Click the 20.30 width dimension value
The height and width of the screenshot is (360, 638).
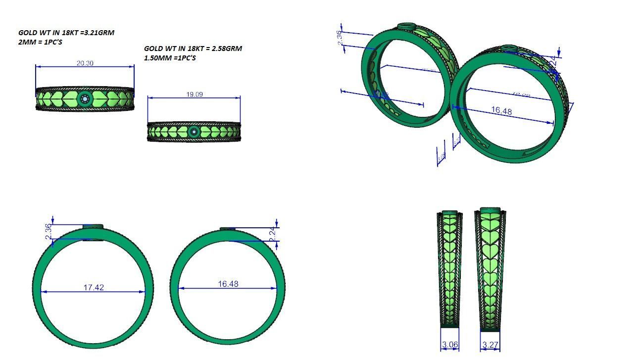tap(85, 63)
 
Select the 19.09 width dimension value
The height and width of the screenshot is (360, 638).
tap(194, 95)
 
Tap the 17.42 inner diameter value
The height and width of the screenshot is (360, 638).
tap(94, 287)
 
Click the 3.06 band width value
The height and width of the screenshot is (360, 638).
tap(449, 344)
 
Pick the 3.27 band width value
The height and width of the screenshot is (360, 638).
tap(489, 344)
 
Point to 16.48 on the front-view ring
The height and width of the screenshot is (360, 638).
tap(228, 284)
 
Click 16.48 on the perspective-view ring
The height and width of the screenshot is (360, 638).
tap(501, 111)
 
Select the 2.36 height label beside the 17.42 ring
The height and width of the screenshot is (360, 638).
tap(48, 232)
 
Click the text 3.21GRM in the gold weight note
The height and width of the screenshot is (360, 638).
tap(99, 33)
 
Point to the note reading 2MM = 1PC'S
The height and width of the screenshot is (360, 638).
tap(40, 42)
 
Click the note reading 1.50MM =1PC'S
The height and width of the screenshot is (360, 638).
tap(170, 58)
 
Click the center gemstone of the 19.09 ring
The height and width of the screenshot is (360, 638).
tap(194, 132)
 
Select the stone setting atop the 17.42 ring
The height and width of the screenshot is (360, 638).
tap(93, 226)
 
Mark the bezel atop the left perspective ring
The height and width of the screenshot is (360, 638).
tap(407, 25)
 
